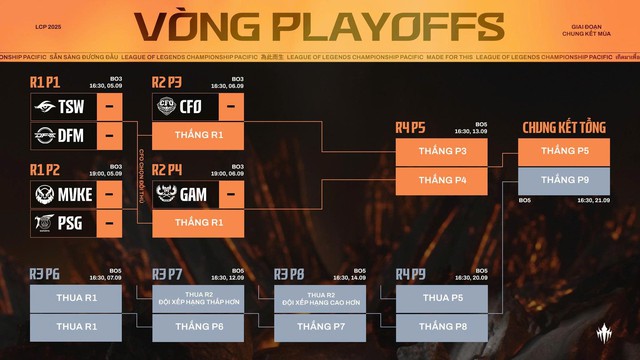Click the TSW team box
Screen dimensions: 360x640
[x=63, y=106]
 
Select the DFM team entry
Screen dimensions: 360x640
[x=63, y=133]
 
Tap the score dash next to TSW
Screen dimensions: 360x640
[x=112, y=106]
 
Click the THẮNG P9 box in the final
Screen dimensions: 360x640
[x=564, y=180]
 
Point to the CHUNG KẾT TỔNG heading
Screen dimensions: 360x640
[x=564, y=128]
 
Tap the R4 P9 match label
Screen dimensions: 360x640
[x=411, y=273]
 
